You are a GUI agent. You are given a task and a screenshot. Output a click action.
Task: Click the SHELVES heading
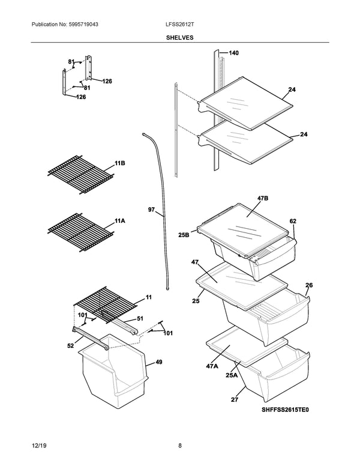[x=180, y=37]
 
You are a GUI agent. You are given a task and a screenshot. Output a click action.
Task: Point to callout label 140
[x=233, y=53]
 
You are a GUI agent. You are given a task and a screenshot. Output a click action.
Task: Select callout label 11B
[x=119, y=163]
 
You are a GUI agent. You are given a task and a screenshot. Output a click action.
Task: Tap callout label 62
[x=293, y=222]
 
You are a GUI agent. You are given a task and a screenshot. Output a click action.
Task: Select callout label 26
[x=309, y=285]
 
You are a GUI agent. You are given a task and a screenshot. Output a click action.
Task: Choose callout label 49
[x=158, y=362]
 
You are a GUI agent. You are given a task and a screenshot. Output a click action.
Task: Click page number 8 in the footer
[x=180, y=446]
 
